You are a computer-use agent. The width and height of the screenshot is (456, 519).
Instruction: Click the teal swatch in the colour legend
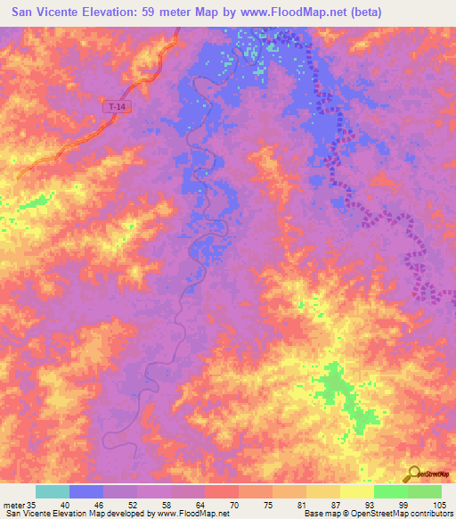pos(53,491)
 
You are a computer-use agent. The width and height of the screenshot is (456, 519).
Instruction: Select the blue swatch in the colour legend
pos(86,491)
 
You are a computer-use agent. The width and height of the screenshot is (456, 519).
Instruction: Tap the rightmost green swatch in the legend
pos(425,491)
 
